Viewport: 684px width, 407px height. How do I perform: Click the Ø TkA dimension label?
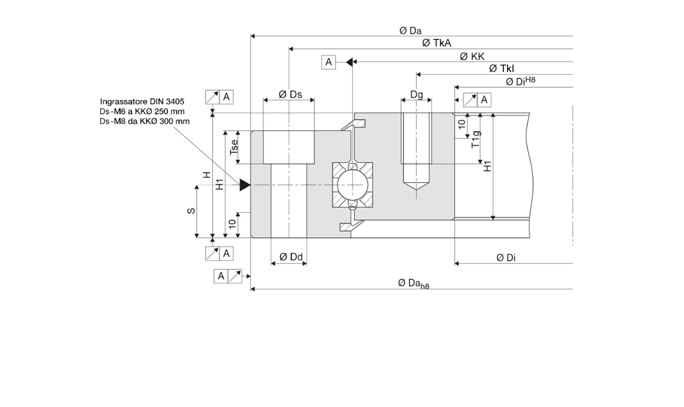point(437,43)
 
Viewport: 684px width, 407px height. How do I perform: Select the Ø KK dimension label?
point(472,56)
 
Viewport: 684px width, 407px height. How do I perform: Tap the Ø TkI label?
point(501,68)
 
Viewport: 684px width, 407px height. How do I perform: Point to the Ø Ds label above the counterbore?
point(290,95)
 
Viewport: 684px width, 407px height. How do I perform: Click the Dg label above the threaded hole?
point(417,95)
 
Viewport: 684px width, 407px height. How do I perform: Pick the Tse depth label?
point(234,147)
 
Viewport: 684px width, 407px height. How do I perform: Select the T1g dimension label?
point(475,139)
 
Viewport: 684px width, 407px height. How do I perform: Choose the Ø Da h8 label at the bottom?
point(413,284)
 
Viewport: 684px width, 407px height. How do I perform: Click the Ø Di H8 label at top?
point(520,81)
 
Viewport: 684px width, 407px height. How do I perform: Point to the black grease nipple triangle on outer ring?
point(245,185)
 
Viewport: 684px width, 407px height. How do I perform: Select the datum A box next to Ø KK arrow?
point(328,62)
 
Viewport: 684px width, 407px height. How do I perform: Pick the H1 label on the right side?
point(487,166)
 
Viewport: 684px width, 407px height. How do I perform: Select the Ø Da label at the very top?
point(410,31)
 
